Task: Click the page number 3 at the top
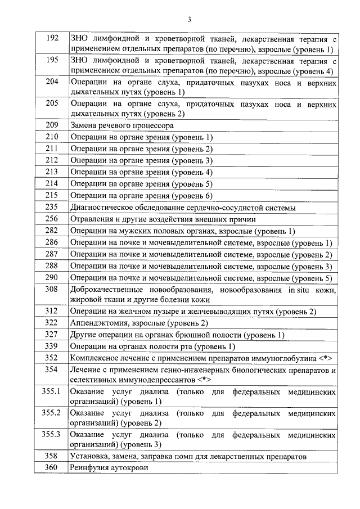189,20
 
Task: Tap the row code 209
52,125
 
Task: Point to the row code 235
52,207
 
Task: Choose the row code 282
52,231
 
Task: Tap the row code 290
52,277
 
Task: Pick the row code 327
52,334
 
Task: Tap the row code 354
52,370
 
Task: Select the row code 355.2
51,412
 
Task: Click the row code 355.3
51,434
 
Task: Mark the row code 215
52,195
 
